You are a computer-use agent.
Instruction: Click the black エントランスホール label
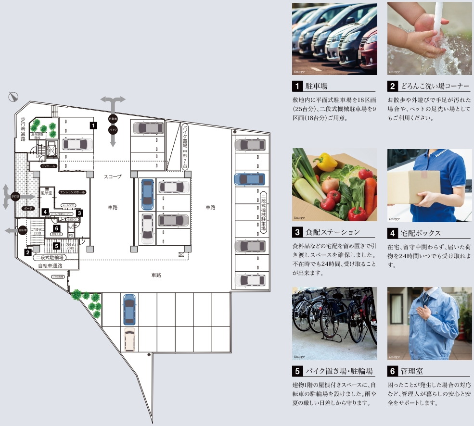pos(72,192)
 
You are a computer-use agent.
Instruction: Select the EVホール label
pos(50,166)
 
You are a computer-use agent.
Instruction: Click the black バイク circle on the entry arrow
pos(113,130)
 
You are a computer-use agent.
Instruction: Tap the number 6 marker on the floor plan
pos(56,228)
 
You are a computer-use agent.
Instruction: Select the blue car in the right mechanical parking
pos(249,179)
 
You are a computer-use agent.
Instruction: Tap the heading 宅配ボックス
pos(421,233)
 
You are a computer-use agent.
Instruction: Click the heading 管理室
pos(412,371)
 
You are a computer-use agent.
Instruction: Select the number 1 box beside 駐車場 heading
pos(298,87)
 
